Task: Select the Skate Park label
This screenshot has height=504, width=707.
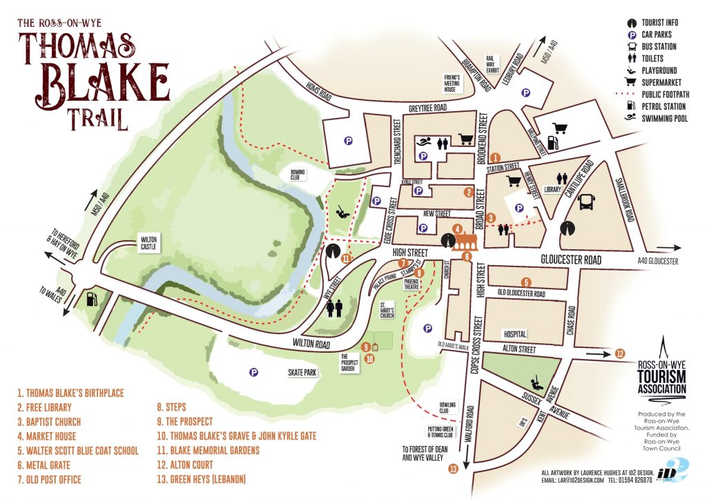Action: pos(302,372)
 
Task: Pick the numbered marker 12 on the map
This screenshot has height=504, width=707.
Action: pos(620,354)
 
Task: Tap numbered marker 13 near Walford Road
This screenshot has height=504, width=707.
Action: pos(453,469)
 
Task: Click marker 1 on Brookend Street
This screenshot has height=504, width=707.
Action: pos(495,158)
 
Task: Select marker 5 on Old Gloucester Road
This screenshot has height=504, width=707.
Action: pos(526,282)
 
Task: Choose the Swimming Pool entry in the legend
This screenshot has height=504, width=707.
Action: pos(664,118)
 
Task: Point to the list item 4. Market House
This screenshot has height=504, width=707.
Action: pos(46,436)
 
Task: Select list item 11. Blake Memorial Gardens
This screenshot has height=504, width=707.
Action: pos(208,450)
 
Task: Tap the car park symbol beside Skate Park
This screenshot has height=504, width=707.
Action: pos(253,372)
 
